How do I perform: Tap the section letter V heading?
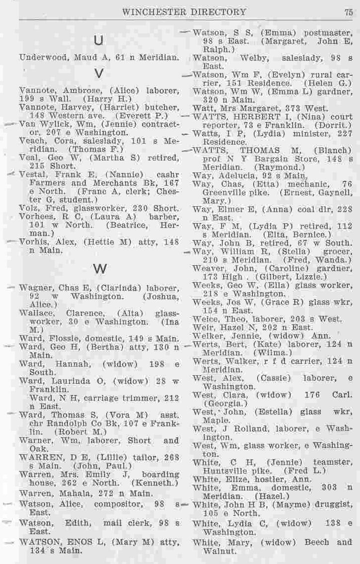tap(98, 74)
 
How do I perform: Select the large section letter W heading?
tap(100, 268)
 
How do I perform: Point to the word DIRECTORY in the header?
tap(219, 12)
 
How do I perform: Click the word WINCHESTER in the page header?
tap(149, 12)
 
